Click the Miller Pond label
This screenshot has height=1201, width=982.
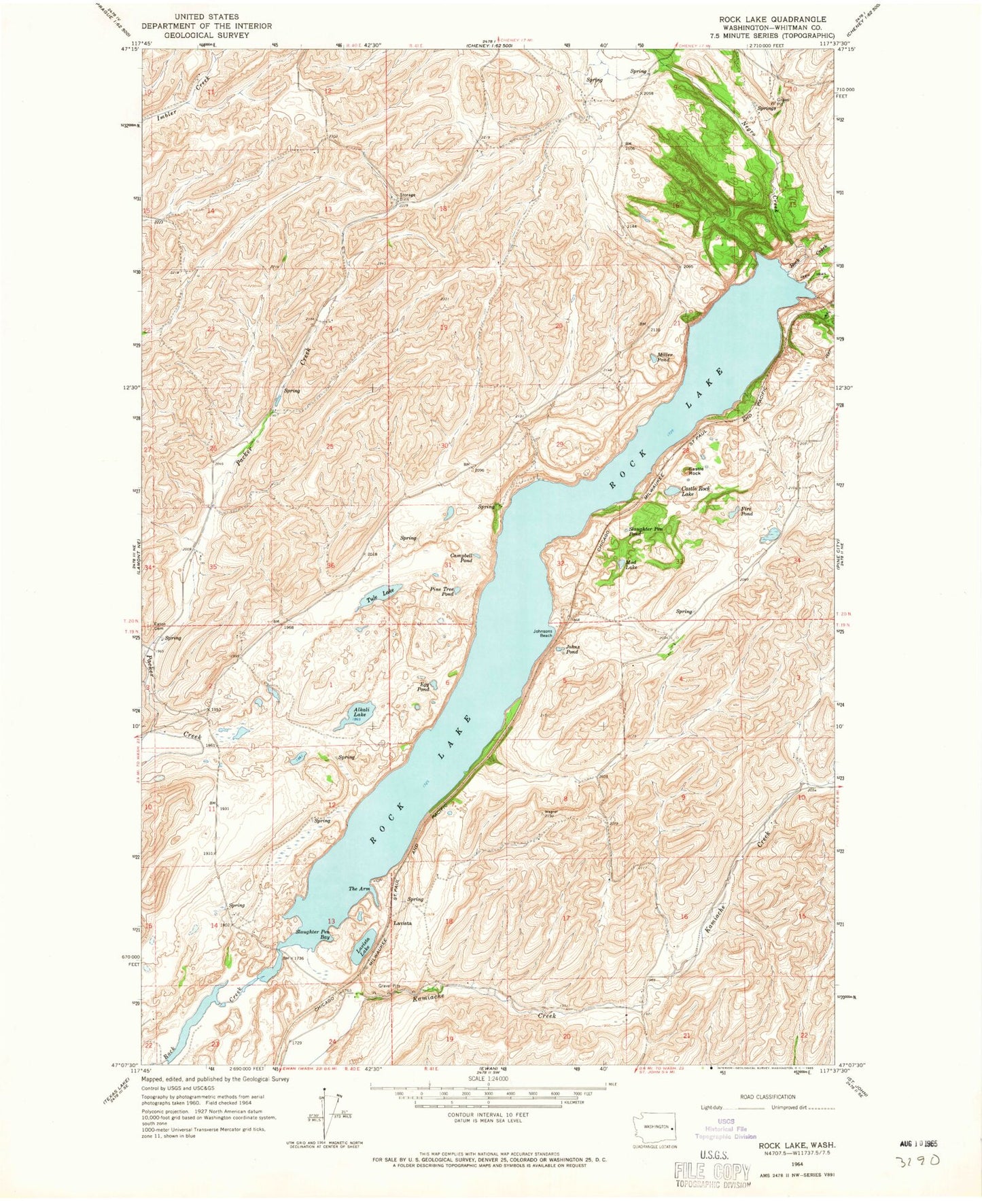664,358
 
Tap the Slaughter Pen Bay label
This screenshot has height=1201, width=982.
313,935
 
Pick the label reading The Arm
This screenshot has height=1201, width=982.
359,889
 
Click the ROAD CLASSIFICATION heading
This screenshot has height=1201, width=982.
767,1096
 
